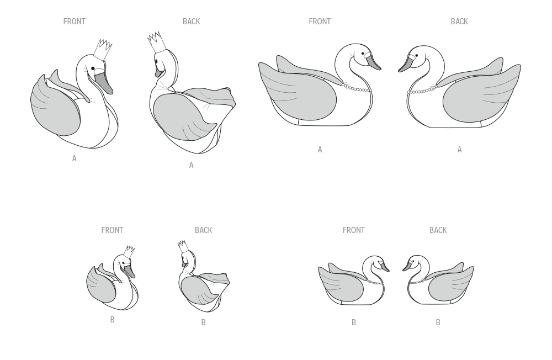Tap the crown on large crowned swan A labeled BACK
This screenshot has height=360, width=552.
pyautogui.click(x=156, y=43)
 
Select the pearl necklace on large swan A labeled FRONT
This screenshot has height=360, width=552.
pyautogui.click(x=356, y=88)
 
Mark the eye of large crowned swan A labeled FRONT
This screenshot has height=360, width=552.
pyautogui.click(x=93, y=68)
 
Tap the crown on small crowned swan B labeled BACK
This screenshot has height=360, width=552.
pyautogui.click(x=183, y=246)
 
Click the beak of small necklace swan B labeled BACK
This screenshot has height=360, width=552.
pyautogui.click(x=408, y=266)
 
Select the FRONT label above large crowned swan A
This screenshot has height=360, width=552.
pyautogui.click(x=75, y=22)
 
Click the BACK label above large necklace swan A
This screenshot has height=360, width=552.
pyautogui.click(x=459, y=22)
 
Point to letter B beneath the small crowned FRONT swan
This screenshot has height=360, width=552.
pyautogui.click(x=112, y=320)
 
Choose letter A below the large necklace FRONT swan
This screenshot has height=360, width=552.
pyautogui.click(x=320, y=150)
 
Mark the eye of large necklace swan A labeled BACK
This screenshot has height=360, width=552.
pyautogui.click(x=416, y=56)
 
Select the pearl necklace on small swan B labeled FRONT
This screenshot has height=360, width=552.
pyautogui.click(x=375, y=282)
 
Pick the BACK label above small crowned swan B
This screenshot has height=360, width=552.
pyautogui.click(x=204, y=230)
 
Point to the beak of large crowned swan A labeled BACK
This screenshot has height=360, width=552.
pyautogui.click(x=159, y=73)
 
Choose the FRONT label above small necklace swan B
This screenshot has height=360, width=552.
pyautogui.click(x=354, y=230)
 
